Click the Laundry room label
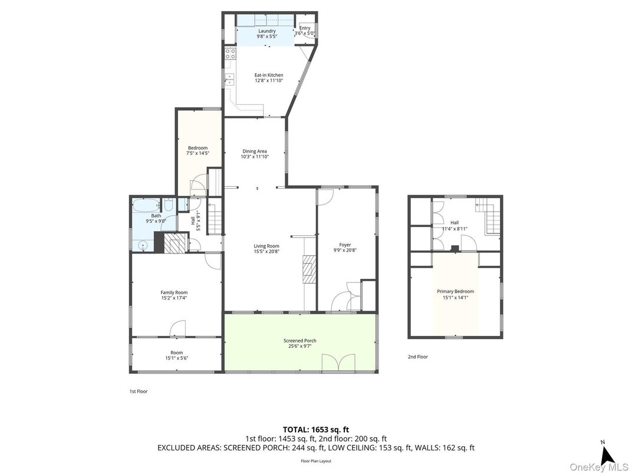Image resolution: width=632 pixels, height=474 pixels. [266, 31]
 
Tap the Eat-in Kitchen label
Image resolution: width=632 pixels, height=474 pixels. [269, 75]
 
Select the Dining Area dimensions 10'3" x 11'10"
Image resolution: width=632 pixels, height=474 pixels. [254, 157]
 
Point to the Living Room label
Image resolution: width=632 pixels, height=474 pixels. [266, 246]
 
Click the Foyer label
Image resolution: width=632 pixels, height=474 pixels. [345, 245]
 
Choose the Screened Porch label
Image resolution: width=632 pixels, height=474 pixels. [299, 341]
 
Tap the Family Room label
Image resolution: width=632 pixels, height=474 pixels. [174, 292]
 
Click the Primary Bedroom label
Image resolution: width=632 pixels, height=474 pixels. [455, 291]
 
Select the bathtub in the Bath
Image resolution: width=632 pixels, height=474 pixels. [145, 206]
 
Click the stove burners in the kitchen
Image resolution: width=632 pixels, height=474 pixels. [229, 54]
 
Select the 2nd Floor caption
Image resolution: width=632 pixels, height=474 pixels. [418, 357]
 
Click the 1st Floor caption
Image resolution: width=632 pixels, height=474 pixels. [139, 391]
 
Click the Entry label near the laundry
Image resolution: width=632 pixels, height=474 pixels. [305, 28]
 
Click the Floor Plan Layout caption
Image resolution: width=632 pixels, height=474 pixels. [316, 461]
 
